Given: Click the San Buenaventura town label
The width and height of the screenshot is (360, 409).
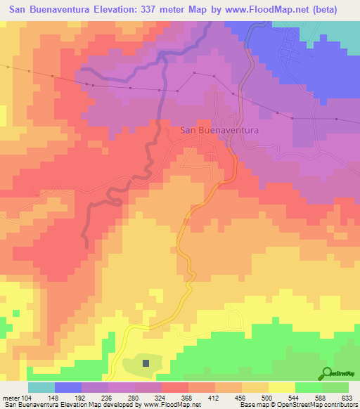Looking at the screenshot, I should point(219,130).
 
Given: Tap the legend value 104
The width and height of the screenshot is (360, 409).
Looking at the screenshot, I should point(27,397).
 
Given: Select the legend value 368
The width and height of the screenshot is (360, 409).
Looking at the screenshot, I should point(188,397).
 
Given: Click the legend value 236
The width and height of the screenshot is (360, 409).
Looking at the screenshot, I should point(108,397).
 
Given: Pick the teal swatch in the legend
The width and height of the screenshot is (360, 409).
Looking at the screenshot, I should point(41,387).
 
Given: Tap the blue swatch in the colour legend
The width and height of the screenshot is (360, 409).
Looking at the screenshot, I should point(67,387).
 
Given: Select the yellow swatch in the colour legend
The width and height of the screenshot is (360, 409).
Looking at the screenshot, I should point(281,387).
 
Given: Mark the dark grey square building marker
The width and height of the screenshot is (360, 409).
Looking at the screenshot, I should point(146,363).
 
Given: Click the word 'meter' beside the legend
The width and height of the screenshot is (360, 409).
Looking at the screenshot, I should point(10,397).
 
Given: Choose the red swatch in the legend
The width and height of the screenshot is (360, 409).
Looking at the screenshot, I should point(174,387).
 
